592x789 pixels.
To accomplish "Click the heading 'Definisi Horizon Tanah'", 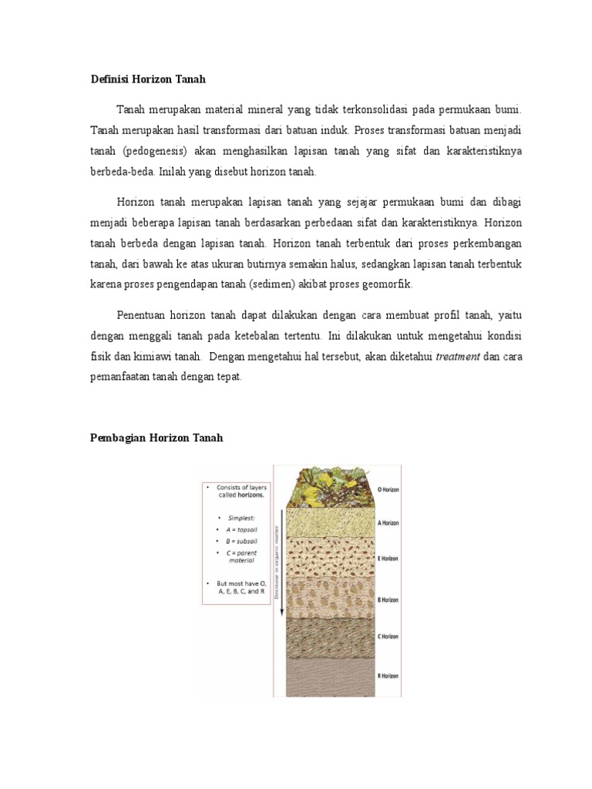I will pyautogui.click(x=148, y=79).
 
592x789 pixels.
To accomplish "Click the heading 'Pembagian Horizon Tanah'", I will pyautogui.click(x=156, y=438).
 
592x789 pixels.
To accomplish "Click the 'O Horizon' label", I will pyautogui.click(x=388, y=489).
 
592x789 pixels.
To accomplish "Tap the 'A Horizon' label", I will pyautogui.click(x=388, y=522).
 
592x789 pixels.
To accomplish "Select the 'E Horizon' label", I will pyautogui.click(x=388, y=559).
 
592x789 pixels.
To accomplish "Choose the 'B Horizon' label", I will pyautogui.click(x=388, y=599).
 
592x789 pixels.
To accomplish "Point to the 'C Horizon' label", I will pyautogui.click(x=388, y=636).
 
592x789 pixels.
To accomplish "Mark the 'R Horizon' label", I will pyautogui.click(x=388, y=676).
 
